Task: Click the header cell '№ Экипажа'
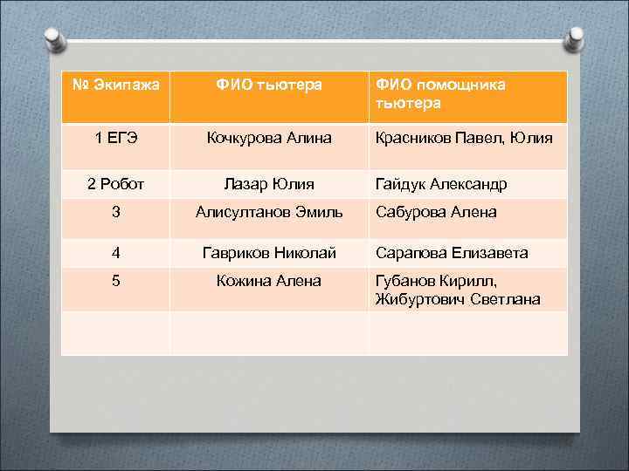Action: [x=115, y=85]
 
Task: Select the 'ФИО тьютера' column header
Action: [x=269, y=85]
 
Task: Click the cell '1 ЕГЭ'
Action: [x=115, y=138]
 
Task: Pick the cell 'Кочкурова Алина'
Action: [x=269, y=138]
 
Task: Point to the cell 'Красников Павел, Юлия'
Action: [x=463, y=138]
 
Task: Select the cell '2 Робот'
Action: [x=115, y=184]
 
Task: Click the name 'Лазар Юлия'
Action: [x=269, y=184]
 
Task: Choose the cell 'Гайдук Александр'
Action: [x=440, y=184]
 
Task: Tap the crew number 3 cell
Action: [x=115, y=212]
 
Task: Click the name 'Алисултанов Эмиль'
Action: [x=269, y=212]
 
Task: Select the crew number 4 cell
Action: [x=115, y=253]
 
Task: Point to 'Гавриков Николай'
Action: [x=269, y=253]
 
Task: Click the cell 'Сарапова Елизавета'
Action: [x=451, y=253]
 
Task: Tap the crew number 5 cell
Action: [x=115, y=281]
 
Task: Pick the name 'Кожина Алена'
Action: [x=269, y=281]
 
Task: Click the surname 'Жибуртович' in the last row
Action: [x=416, y=299]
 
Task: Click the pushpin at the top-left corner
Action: [x=54, y=38]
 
